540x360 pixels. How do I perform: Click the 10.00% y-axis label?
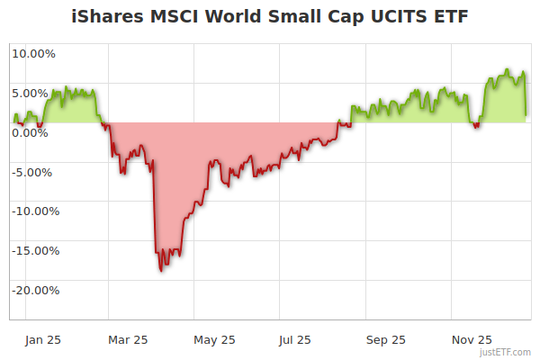tap(33, 53)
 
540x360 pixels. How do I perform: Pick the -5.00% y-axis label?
tap(34, 172)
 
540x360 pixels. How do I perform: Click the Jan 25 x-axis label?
tap(43, 339)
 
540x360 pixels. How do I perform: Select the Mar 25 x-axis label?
tap(128, 339)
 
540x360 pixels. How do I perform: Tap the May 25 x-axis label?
tap(214, 339)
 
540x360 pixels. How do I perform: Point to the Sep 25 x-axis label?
tap(386, 339)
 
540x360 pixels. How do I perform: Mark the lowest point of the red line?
tap(161, 270)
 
